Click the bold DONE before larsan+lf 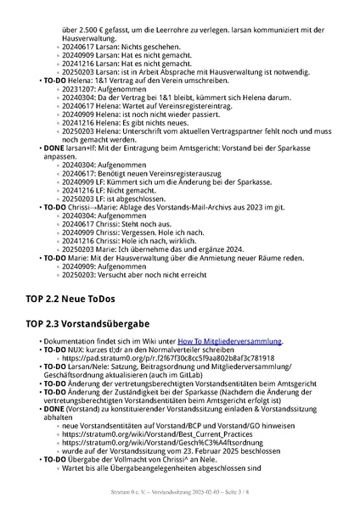click(x=53, y=148)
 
